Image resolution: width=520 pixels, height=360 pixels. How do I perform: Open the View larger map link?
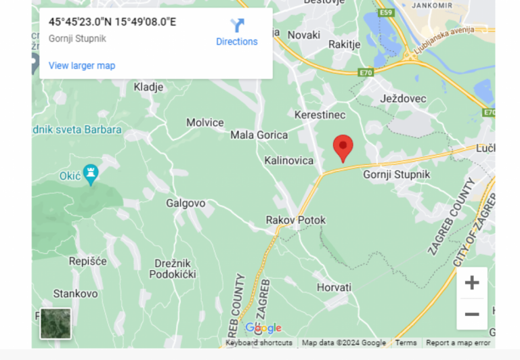tap(82, 66)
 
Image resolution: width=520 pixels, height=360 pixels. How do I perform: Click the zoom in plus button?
tap(472, 283)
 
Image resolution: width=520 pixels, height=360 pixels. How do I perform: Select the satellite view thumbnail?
tap(56, 323)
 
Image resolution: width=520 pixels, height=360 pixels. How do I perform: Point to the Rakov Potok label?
tap(295, 220)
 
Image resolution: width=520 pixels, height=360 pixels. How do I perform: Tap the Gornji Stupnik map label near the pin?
tap(397, 175)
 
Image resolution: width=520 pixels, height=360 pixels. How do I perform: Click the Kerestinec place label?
tap(320, 116)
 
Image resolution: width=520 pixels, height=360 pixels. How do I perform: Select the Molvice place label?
tap(205, 122)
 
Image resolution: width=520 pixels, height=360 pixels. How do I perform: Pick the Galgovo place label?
tap(186, 203)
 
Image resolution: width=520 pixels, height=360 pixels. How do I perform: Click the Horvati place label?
tap(334, 288)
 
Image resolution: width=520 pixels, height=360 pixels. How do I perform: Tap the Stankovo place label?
tap(76, 294)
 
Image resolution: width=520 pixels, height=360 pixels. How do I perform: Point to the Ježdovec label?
tap(404, 99)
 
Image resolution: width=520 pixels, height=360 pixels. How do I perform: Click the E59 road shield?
tap(386, 13)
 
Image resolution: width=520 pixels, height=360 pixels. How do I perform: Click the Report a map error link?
tap(458, 343)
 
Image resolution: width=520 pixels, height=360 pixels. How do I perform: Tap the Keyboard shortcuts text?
tap(259, 343)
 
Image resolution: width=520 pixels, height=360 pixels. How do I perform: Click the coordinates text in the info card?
tap(112, 22)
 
